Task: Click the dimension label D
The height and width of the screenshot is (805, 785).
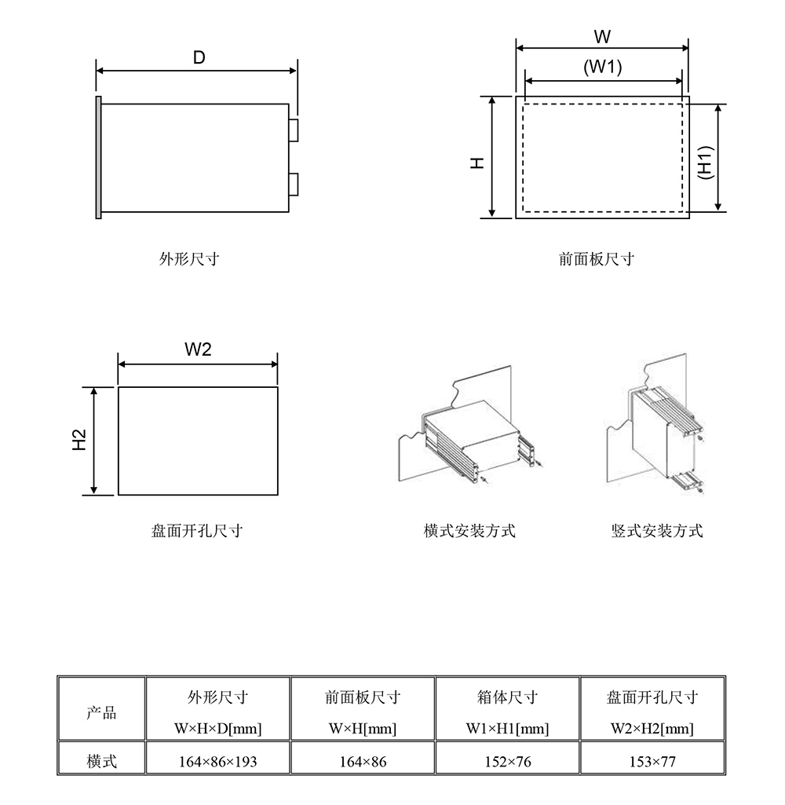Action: pyautogui.click(x=199, y=57)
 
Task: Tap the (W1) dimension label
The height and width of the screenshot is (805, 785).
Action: pyautogui.click(x=603, y=67)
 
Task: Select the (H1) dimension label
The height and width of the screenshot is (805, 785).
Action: pyautogui.click(x=706, y=163)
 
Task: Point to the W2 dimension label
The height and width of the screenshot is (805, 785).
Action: pyautogui.click(x=198, y=349)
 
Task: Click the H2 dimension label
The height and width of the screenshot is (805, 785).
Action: pyautogui.click(x=79, y=440)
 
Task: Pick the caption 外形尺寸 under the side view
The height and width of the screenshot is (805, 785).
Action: pyautogui.click(x=189, y=258)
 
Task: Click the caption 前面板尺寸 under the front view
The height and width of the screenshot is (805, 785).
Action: pyautogui.click(x=597, y=258)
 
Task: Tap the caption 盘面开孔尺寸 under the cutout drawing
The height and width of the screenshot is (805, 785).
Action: pyautogui.click(x=197, y=530)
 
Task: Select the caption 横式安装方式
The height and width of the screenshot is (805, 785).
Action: pyautogui.click(x=469, y=530)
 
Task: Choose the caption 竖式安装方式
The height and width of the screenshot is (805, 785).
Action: pyautogui.click(x=657, y=530)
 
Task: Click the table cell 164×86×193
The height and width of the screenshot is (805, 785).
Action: pyautogui.click(x=218, y=761)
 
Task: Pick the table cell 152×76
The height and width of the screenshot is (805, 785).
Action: pyautogui.click(x=508, y=761)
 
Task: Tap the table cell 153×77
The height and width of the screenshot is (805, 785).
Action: pyautogui.click(x=652, y=761)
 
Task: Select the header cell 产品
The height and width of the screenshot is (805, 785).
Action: pyautogui.click(x=101, y=712)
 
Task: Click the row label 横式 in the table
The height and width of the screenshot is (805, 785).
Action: pyautogui.click(x=101, y=761)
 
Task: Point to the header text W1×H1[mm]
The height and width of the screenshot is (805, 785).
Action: pyautogui.click(x=507, y=729)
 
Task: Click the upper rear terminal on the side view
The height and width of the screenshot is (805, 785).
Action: pyautogui.click(x=294, y=130)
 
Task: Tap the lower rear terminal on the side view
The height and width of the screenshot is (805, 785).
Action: pyautogui.click(x=294, y=185)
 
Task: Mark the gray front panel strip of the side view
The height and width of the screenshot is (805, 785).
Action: pyautogui.click(x=98, y=158)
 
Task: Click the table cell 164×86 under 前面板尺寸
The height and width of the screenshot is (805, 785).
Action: pyautogui.click(x=363, y=761)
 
